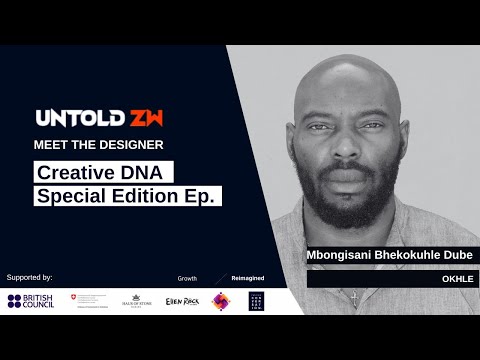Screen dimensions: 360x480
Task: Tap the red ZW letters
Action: (x=144, y=118)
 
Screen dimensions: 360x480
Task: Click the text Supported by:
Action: (x=29, y=275)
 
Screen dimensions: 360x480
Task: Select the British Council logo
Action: (x=33, y=300)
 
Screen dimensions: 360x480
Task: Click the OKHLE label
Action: (x=456, y=279)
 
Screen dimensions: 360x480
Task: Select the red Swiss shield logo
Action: (x=73, y=298)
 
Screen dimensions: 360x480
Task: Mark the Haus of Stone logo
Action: (x=136, y=300)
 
